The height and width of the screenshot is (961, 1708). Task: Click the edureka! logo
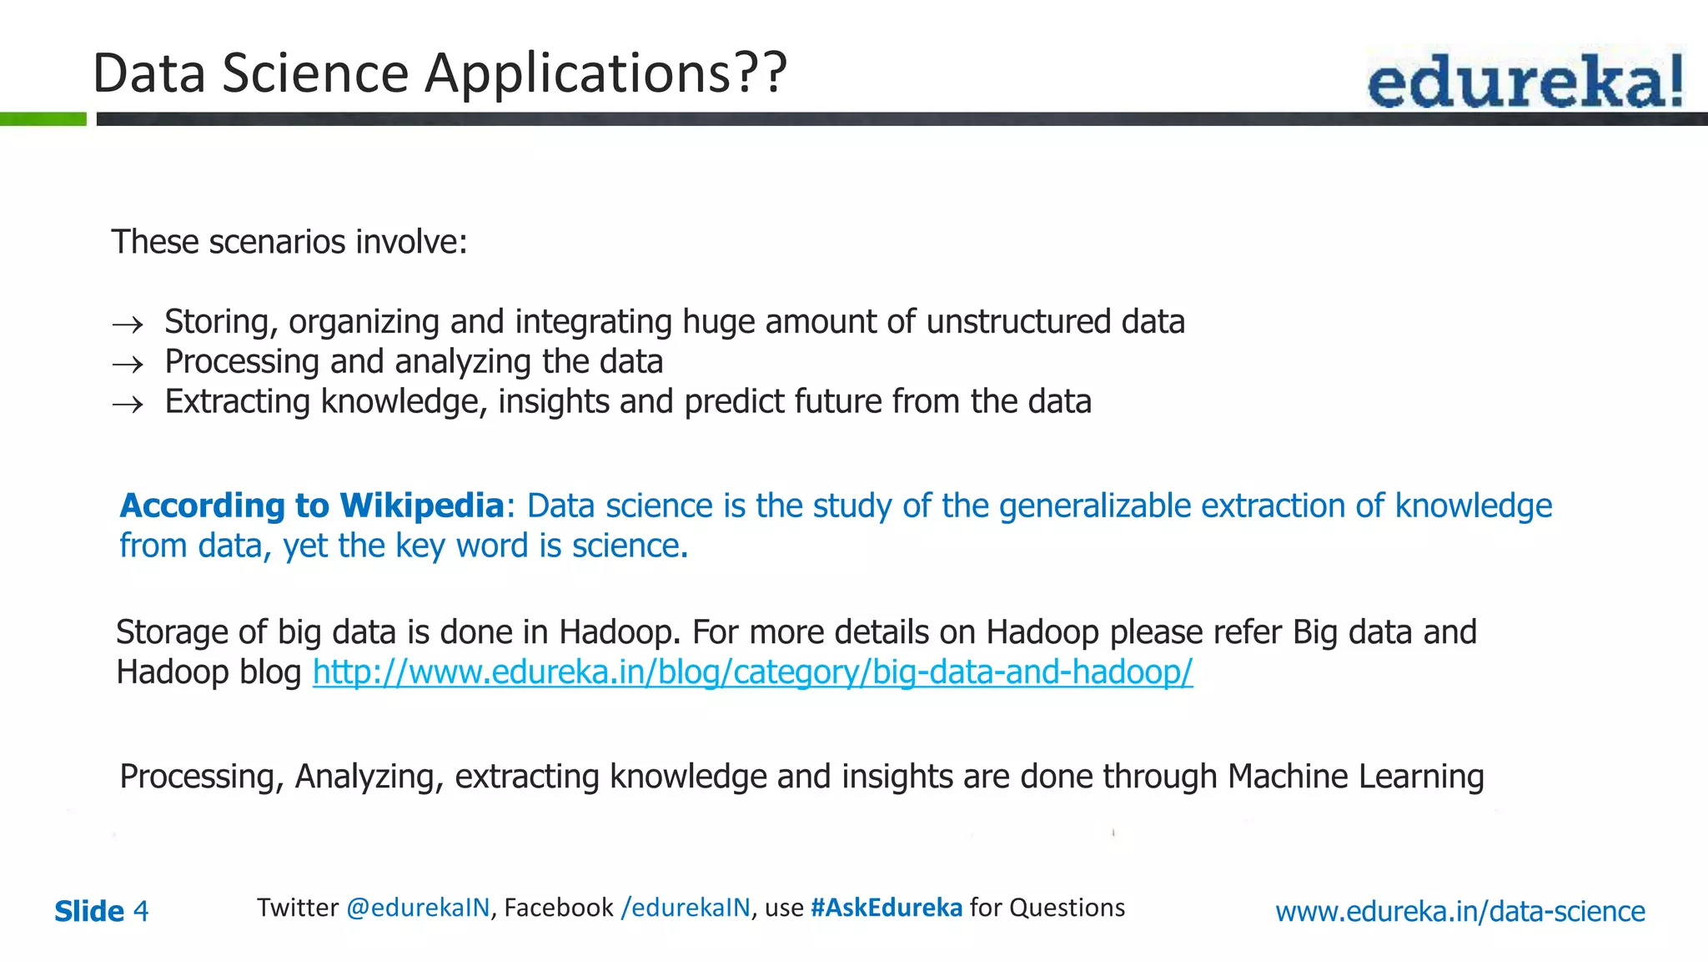(x=1525, y=79)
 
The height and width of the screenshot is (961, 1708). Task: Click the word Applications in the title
(x=576, y=73)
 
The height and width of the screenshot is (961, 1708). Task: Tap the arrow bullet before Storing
(x=128, y=325)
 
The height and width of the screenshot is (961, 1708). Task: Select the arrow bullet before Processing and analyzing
(x=128, y=365)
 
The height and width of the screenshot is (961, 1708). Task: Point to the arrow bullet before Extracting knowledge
(x=128, y=405)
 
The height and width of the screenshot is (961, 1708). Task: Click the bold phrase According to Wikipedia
(x=312, y=506)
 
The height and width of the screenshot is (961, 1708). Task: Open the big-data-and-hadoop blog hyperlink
(x=752, y=672)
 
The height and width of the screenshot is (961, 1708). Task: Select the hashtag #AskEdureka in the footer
(x=886, y=908)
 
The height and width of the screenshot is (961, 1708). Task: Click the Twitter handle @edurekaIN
(x=418, y=908)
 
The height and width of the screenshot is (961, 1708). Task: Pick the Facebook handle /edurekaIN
(x=686, y=908)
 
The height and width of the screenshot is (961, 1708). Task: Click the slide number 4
(x=141, y=911)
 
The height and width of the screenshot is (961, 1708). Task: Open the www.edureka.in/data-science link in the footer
(x=1459, y=911)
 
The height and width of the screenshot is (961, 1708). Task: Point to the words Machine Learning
(x=1355, y=777)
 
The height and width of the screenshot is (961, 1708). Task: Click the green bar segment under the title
(x=43, y=119)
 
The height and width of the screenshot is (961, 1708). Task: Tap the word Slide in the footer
(x=89, y=911)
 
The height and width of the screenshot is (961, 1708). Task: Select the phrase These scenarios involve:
(x=289, y=242)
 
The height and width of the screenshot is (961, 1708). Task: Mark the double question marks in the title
(x=759, y=73)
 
